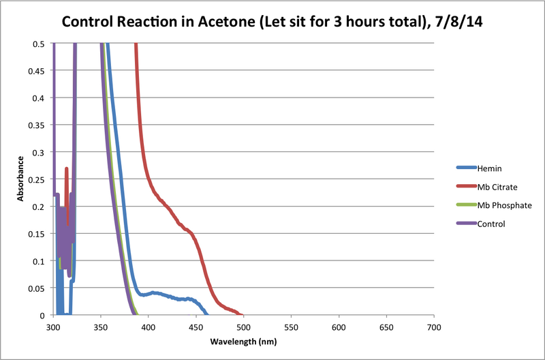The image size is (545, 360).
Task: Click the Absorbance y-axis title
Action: pos(21,179)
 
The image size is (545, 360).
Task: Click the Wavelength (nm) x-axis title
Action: pos(243,341)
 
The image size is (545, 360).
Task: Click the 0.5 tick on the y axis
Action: pos(40,44)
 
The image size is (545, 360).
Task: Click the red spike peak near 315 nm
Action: pos(66,168)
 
